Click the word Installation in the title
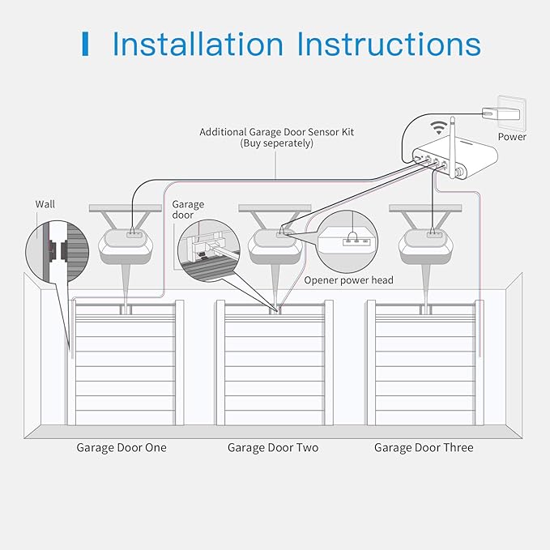tap(199, 44)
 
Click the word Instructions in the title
tap(389, 44)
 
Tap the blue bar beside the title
tap(85, 44)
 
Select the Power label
tap(512, 137)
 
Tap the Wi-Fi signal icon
tap(439, 128)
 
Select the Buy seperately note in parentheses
tap(276, 143)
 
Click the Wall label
tap(46, 204)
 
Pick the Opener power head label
tap(348, 280)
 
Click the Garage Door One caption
tap(122, 447)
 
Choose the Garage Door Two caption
tap(273, 447)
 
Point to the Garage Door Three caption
tap(424, 447)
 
